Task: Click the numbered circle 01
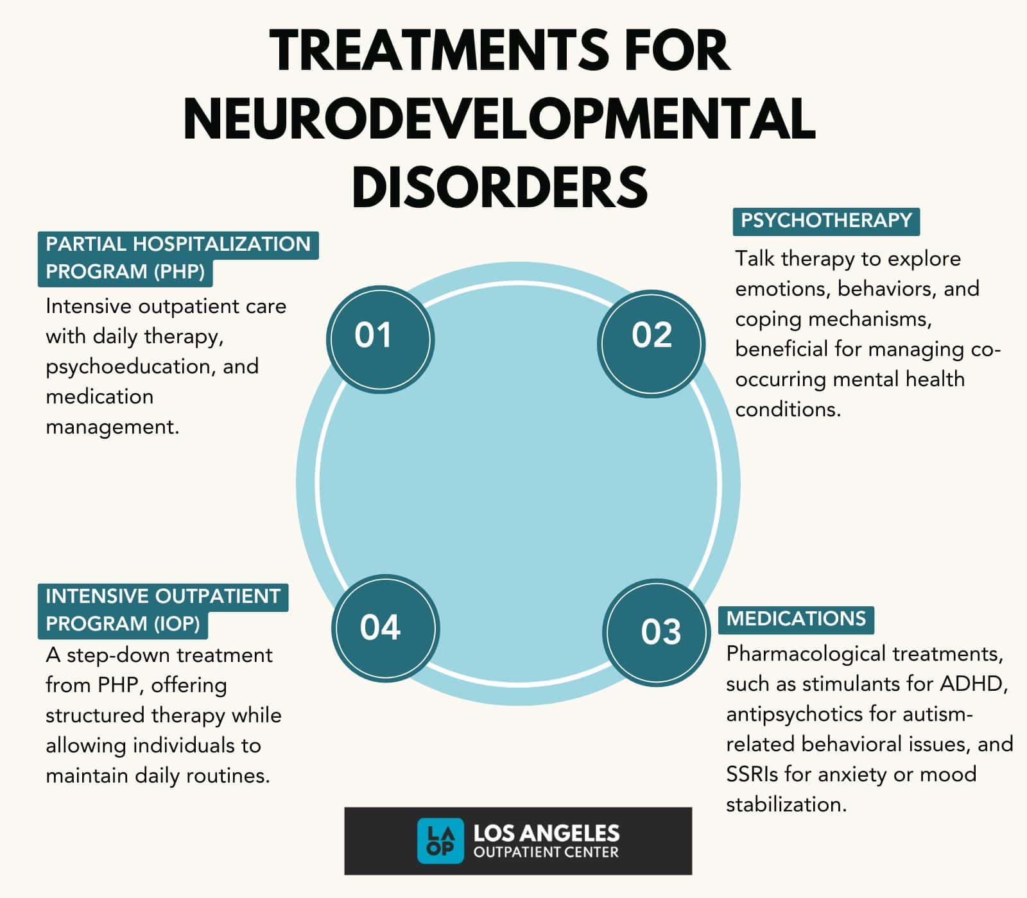point(380,339)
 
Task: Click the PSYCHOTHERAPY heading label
point(826,221)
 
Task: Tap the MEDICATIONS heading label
point(796,619)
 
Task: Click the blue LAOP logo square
point(440,840)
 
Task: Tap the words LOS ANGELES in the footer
point(546,833)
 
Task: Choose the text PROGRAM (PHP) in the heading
point(125,272)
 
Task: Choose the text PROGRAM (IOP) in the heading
point(123,623)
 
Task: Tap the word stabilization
point(786,804)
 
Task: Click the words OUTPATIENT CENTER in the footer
point(546,852)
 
